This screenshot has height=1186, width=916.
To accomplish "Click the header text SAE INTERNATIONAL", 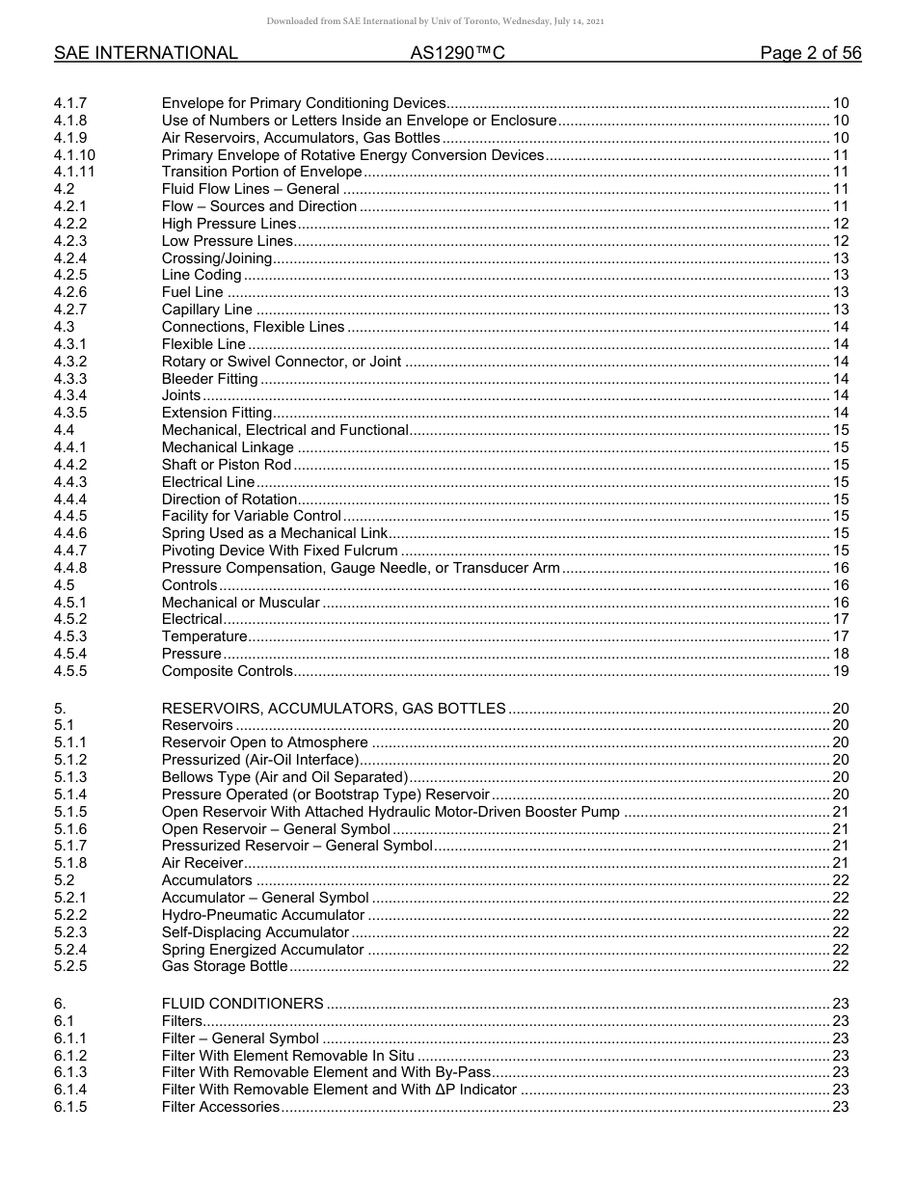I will point(146,54).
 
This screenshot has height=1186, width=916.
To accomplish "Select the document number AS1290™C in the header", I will point(457,54).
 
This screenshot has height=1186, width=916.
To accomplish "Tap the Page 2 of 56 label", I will point(810,54).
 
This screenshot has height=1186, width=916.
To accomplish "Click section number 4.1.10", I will point(74,155).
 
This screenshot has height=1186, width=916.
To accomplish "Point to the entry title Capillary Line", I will point(207,310).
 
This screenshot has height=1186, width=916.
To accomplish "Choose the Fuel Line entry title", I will point(192,292).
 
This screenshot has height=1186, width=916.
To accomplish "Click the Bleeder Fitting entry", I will point(209,379).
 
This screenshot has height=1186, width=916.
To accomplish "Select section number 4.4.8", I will point(70,568).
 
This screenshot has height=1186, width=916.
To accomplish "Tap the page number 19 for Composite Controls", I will point(840,671).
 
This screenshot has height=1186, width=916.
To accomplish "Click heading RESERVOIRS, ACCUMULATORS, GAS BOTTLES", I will point(334,709).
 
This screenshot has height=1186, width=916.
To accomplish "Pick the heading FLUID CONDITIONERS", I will point(242,1004).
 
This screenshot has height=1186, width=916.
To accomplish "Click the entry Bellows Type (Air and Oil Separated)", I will point(285,777).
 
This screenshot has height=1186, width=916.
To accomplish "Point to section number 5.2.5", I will point(70,966).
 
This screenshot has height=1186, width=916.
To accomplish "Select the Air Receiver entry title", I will point(202,863).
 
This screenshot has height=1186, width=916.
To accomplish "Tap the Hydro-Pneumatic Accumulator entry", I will point(263,915).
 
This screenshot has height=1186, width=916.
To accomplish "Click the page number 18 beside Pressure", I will point(840,654).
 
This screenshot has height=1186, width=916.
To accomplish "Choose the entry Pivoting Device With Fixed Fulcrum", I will point(280,551).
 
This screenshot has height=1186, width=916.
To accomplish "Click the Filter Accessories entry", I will point(220,1107).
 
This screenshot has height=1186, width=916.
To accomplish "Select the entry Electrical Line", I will point(208,482).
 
